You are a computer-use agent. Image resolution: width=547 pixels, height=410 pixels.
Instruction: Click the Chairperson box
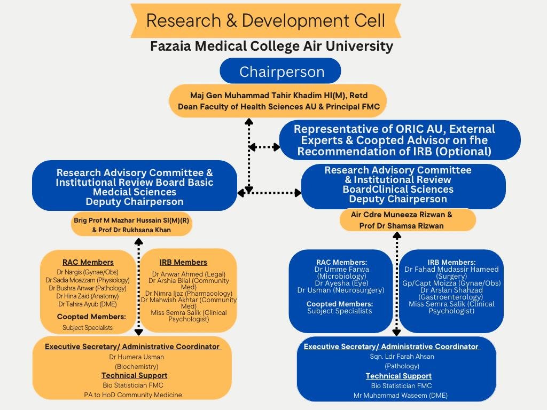[x=281, y=72]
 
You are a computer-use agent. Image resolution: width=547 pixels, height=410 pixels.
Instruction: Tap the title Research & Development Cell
[x=265, y=21]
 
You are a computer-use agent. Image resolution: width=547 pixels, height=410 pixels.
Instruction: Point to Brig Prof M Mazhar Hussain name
[x=131, y=220]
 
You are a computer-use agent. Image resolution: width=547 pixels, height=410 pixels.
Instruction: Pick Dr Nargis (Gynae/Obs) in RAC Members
[x=82, y=272]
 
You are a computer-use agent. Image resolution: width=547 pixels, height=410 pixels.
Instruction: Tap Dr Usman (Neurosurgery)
[x=341, y=290]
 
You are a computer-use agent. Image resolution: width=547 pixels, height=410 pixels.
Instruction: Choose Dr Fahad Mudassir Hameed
[x=451, y=270]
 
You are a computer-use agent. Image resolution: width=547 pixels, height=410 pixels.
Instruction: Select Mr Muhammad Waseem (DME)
[x=400, y=396]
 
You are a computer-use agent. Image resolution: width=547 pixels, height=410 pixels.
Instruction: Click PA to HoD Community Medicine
[x=133, y=395]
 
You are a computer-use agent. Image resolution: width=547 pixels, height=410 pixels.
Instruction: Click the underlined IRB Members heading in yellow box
[x=183, y=262]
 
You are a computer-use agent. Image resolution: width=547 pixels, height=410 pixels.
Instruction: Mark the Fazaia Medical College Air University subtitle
[x=271, y=46]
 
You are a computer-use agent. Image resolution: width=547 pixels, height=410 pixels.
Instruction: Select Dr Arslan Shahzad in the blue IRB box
[x=451, y=290]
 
